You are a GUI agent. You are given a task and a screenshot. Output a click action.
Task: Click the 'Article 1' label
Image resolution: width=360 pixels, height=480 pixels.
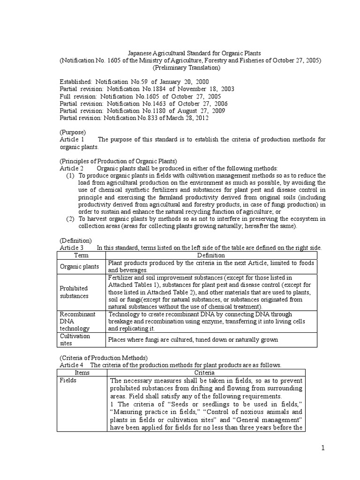[72, 140]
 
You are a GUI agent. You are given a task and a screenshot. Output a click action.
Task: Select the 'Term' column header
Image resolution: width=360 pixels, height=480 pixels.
[82, 255]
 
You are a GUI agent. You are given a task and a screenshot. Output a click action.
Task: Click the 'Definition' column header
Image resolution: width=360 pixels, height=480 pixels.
[211, 255]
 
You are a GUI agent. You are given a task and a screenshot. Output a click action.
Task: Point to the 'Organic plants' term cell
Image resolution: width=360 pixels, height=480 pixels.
[79, 266]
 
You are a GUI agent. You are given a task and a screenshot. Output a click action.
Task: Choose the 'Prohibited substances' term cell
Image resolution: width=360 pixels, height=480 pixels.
[74, 292]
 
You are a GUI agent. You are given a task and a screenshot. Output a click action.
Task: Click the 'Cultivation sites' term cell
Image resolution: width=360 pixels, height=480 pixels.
[75, 340]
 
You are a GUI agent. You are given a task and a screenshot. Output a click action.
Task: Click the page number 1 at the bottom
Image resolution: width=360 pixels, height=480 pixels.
[322, 449]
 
